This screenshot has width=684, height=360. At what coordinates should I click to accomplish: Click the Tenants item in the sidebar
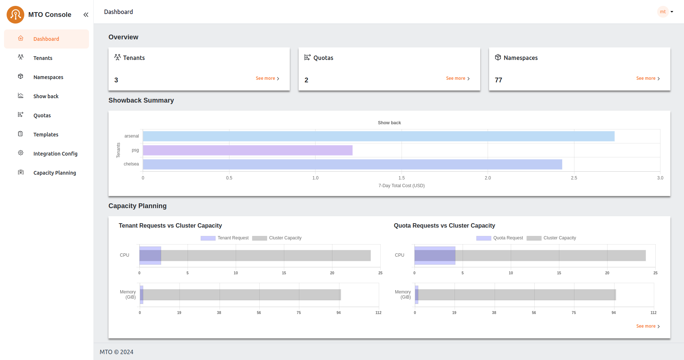click(43, 58)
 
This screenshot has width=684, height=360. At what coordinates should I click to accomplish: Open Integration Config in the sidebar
click(55, 154)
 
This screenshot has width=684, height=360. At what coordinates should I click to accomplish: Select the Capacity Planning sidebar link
click(54, 173)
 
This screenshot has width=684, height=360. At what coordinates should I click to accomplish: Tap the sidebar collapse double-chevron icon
click(86, 15)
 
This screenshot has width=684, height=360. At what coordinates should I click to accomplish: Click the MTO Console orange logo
click(15, 15)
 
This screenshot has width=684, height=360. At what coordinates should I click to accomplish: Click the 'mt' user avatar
click(663, 12)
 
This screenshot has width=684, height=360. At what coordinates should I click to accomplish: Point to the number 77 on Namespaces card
click(498, 80)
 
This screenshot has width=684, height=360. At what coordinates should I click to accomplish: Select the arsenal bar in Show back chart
click(378, 136)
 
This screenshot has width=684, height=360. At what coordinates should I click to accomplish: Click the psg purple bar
click(247, 150)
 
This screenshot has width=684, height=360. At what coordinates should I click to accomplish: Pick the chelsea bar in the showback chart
click(352, 164)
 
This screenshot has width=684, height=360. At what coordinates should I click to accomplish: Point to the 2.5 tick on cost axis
click(574, 178)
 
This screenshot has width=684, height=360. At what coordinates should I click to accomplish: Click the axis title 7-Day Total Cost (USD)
click(401, 186)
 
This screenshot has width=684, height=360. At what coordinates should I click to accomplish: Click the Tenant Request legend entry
click(225, 238)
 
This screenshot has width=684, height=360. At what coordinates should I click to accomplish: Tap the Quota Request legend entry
click(500, 238)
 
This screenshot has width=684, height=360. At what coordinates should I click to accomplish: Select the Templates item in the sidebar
click(46, 135)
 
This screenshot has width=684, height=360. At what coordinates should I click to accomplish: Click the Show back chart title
click(389, 123)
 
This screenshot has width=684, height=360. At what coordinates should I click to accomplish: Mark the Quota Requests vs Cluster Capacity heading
click(444, 226)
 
